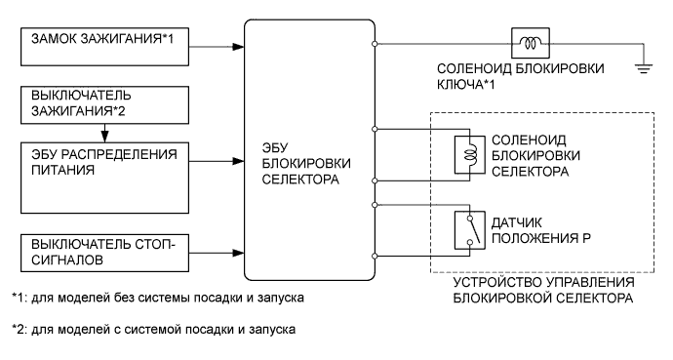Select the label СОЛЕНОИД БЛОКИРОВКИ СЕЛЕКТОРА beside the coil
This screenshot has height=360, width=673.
pos(534,154)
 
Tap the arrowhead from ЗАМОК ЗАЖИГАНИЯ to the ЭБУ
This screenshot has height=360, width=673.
pos(238,44)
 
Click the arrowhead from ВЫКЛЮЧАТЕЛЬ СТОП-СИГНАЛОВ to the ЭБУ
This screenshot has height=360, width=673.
pos(238,254)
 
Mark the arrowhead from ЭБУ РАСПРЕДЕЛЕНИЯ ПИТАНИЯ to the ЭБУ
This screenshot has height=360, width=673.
pos(238,157)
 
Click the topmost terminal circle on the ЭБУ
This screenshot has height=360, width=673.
pos(376,43)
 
